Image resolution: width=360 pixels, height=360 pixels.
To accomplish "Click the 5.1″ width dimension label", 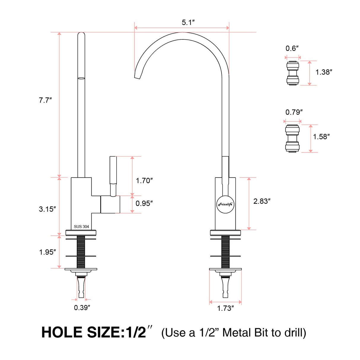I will [x=188, y=23].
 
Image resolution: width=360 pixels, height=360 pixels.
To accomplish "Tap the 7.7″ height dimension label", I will [x=45, y=100].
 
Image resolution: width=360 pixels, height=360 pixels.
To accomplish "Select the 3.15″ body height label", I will [x=47, y=209].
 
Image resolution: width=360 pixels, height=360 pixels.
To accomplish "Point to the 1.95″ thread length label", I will [x=47, y=252].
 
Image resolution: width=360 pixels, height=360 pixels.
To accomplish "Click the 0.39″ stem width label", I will [x=82, y=308].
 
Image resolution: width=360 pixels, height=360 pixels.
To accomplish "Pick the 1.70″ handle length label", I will [x=144, y=181].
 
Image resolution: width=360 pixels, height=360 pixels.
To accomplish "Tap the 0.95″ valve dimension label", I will [x=144, y=203].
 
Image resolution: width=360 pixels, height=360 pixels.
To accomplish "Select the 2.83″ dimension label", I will [x=262, y=201].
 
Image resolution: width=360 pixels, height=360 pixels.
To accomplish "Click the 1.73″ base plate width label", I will [x=225, y=308].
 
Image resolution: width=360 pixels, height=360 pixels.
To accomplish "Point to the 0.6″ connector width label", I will [x=292, y=48].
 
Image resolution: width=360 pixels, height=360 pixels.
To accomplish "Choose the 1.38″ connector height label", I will [x=324, y=72].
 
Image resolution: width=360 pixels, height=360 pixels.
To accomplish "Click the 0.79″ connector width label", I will [x=294, y=112].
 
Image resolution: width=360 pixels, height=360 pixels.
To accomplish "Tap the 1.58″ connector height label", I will [x=321, y=136].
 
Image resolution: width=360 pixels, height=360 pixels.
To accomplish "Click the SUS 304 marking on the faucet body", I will [x=81, y=227].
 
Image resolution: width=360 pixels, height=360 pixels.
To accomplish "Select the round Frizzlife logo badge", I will [x=225, y=204].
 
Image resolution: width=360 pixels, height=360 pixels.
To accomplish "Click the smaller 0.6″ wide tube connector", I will [x=293, y=73].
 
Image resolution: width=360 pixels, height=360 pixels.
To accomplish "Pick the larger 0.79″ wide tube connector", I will [x=292, y=138].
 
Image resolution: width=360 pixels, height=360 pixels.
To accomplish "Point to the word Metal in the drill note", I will [x=236, y=333].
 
